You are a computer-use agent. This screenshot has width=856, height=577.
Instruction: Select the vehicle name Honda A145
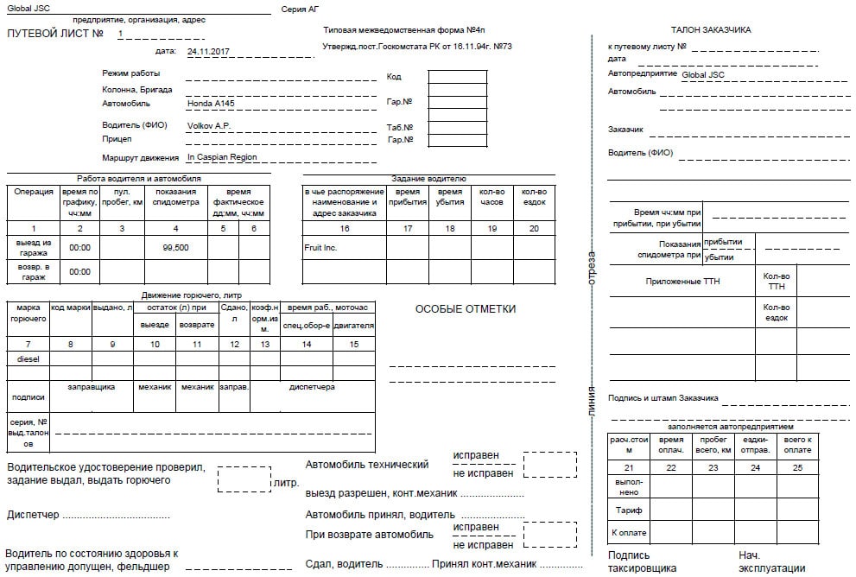click(x=211, y=103)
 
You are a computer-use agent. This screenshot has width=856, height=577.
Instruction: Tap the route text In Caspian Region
click(x=222, y=157)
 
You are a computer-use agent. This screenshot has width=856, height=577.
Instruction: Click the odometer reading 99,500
click(x=175, y=247)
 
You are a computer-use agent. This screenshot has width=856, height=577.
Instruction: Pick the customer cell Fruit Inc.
click(x=320, y=248)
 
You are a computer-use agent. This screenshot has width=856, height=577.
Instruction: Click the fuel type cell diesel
click(x=29, y=358)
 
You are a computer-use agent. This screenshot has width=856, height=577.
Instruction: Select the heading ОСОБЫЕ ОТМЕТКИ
click(x=466, y=309)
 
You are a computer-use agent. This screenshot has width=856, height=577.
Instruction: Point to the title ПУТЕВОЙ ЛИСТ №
click(x=55, y=34)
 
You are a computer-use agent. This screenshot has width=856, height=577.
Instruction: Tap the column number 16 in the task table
click(x=344, y=229)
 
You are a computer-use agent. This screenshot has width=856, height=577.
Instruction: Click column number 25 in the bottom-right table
click(x=796, y=467)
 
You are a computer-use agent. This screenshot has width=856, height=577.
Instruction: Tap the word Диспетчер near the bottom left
click(x=33, y=515)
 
